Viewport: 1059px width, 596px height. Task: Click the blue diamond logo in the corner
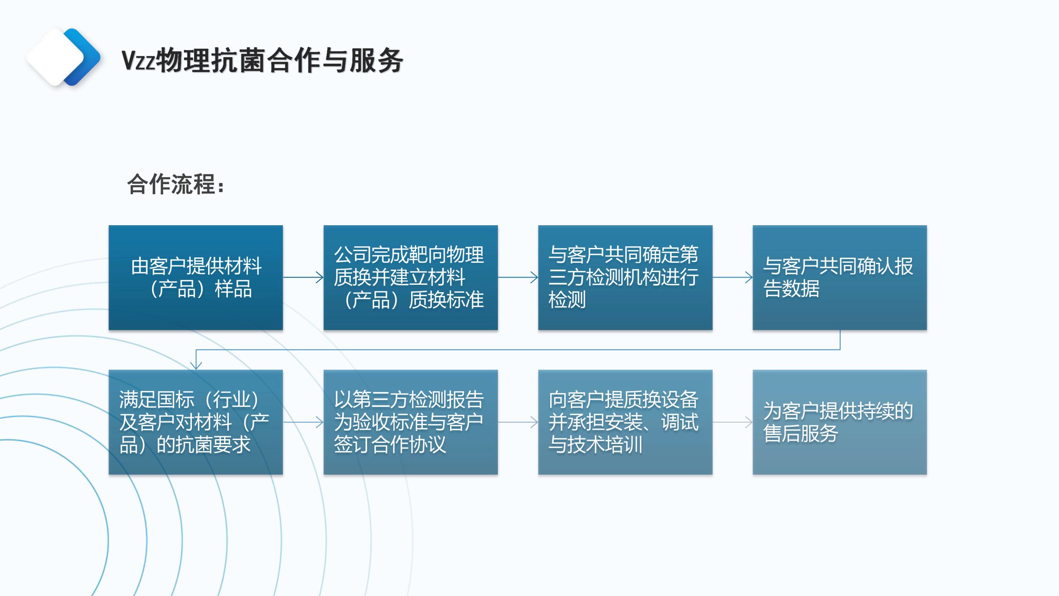63,57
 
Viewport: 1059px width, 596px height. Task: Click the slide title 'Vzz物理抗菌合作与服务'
262,60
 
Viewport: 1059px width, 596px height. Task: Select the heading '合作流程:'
176,184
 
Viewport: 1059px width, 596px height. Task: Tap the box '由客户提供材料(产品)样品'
196,278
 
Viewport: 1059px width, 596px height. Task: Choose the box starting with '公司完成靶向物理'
410,278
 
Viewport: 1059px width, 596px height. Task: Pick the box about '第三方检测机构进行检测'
625,278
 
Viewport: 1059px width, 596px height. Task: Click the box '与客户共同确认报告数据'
840,278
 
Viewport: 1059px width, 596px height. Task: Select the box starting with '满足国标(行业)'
196,422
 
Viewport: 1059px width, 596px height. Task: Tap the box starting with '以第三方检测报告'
410,422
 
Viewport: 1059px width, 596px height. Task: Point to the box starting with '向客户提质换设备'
625,422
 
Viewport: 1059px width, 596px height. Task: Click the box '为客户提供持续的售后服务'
840,422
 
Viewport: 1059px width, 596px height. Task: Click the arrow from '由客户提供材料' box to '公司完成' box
303,277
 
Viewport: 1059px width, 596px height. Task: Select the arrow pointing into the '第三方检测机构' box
518,277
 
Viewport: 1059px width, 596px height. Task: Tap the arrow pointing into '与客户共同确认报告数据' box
733,277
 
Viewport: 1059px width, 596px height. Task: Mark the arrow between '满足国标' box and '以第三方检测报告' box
303,422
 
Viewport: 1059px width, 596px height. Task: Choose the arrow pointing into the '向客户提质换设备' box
518,422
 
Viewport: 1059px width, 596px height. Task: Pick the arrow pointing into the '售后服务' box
733,422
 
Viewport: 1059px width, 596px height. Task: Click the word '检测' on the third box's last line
567,300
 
